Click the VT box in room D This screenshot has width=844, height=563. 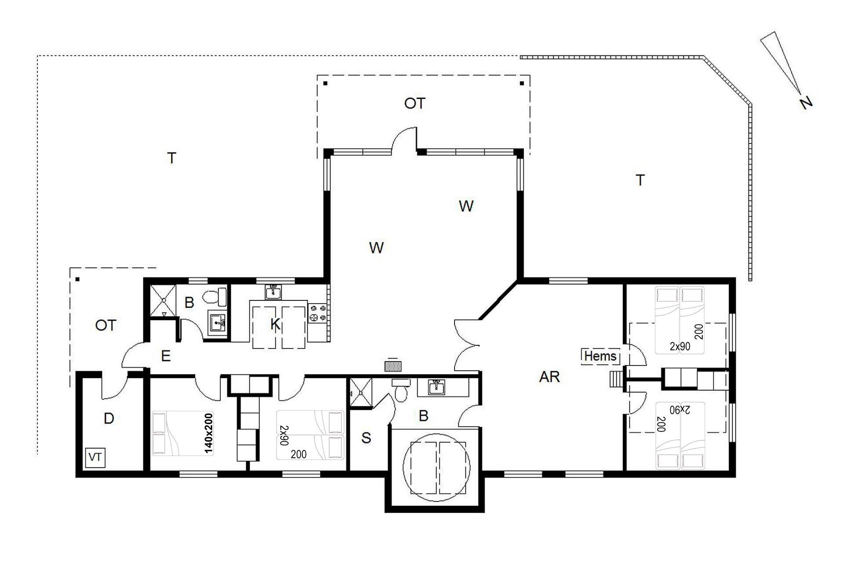pos(96,457)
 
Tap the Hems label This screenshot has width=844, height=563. pos(600,356)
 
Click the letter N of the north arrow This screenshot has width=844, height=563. pos(806,102)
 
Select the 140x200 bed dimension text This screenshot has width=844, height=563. pos(208,433)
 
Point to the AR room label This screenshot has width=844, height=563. pos(549,377)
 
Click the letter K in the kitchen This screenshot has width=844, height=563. pos(275,325)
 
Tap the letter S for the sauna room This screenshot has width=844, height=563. pos(366,438)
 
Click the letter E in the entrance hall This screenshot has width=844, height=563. pos(166,356)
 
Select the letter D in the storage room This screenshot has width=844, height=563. pos(109,418)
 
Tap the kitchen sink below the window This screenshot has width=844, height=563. pos(273,292)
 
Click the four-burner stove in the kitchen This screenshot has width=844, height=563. pos(318,313)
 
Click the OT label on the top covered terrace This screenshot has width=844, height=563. pos(415,103)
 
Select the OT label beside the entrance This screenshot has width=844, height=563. pos(105,325)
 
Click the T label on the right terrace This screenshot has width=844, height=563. pos(640,180)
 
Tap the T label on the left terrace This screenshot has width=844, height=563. pos(172,158)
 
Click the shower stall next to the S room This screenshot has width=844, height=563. pos(360,393)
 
